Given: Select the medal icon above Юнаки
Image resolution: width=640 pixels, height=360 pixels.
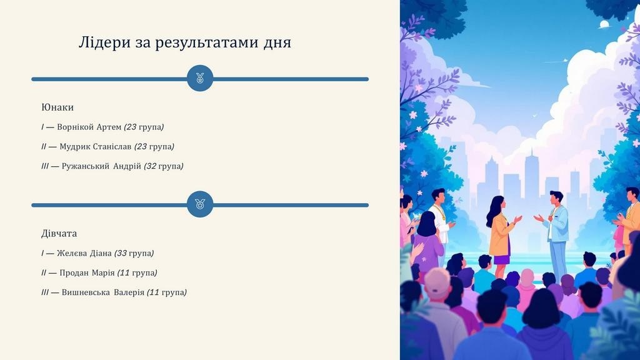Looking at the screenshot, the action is coord(200,78).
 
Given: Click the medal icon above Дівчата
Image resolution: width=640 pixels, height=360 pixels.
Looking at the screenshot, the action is coord(200,204).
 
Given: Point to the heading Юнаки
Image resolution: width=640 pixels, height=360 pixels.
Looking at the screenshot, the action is coord(57,107).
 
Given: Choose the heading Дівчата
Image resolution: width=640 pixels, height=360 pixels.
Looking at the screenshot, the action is coord(59,234).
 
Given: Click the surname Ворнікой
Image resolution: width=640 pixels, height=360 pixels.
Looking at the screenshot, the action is coord(76,127).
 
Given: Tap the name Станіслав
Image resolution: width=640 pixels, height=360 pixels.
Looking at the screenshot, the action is coord(112,146).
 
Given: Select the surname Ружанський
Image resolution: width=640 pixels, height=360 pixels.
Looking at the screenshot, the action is coord(85,166).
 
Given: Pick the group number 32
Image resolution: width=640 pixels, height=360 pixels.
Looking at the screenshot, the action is coord(151,166).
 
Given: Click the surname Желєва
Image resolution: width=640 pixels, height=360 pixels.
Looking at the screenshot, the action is coord(72,253).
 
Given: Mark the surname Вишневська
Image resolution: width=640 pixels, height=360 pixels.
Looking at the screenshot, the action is coord(86,292).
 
